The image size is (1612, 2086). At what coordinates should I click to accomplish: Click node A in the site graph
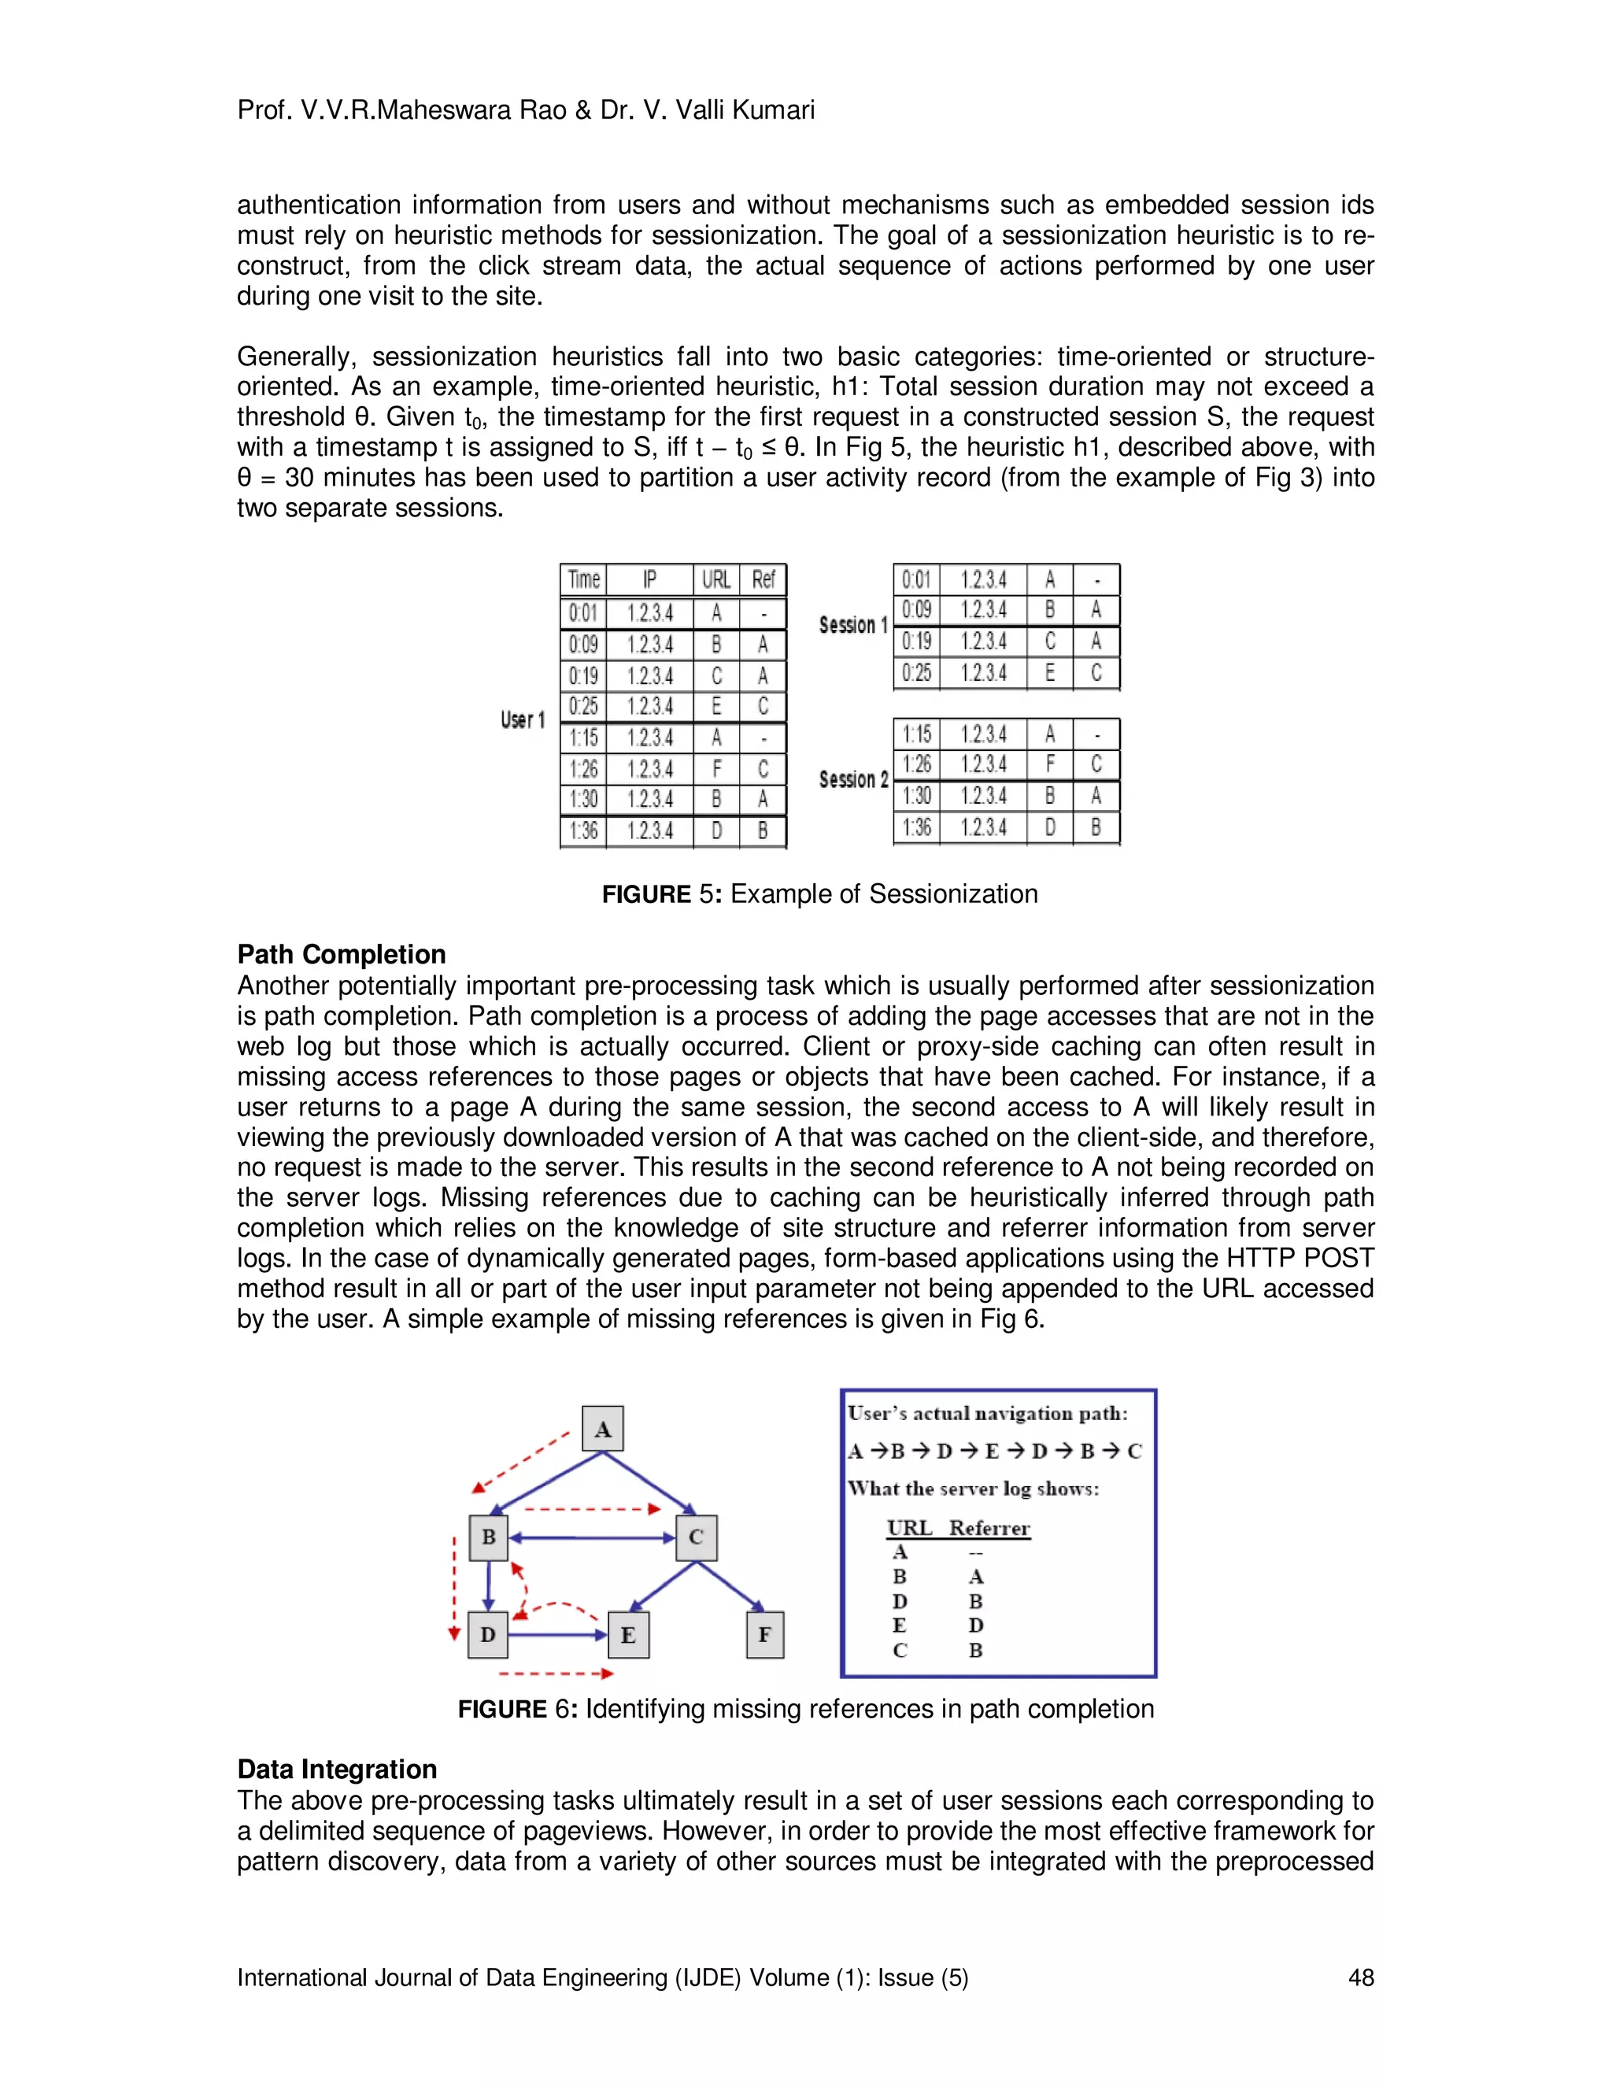click(x=603, y=1429)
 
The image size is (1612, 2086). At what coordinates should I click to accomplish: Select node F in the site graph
click(x=764, y=1634)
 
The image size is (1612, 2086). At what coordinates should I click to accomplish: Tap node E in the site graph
click(x=627, y=1634)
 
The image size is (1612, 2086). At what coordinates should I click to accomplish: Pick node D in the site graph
click(x=488, y=1634)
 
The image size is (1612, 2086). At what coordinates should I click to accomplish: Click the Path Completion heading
click(x=341, y=954)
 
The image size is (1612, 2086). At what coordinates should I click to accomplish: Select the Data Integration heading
click(x=336, y=1769)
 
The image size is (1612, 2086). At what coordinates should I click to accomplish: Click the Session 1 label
click(x=852, y=625)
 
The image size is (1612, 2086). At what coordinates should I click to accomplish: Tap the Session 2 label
click(x=852, y=779)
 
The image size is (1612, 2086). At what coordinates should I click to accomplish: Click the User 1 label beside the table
click(x=523, y=719)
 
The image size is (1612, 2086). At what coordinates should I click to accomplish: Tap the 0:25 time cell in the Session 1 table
click(x=917, y=673)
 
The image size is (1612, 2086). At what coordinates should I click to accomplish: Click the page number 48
click(x=1360, y=1977)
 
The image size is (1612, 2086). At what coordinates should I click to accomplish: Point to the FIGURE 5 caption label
click(x=645, y=894)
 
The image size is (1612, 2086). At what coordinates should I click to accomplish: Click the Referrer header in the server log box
click(x=989, y=1527)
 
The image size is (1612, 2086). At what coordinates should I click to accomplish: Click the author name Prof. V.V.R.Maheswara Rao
click(x=402, y=110)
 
